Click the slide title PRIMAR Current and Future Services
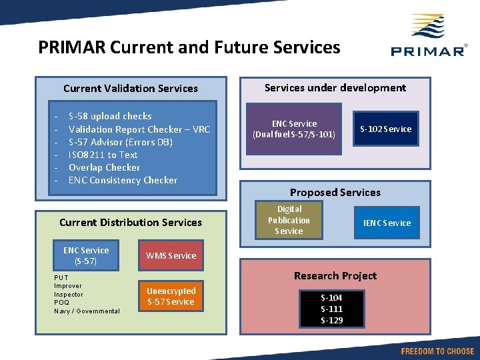click(189, 47)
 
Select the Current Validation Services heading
click(131, 88)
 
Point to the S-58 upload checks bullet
click(110, 116)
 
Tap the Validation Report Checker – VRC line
click(139, 129)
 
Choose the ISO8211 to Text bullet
click(103, 155)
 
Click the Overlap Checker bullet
click(105, 167)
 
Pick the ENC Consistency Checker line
click(123, 180)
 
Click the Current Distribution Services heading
click(131, 222)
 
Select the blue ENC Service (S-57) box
click(86, 256)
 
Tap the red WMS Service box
click(171, 255)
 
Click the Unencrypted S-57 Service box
click(171, 296)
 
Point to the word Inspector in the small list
click(69, 294)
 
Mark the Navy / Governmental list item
click(87, 311)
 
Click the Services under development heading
click(335, 87)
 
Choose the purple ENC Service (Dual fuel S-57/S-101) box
click(294, 129)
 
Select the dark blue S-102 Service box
click(386, 129)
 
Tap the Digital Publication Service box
click(289, 220)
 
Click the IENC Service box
click(387, 223)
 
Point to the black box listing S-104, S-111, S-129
click(332, 309)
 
